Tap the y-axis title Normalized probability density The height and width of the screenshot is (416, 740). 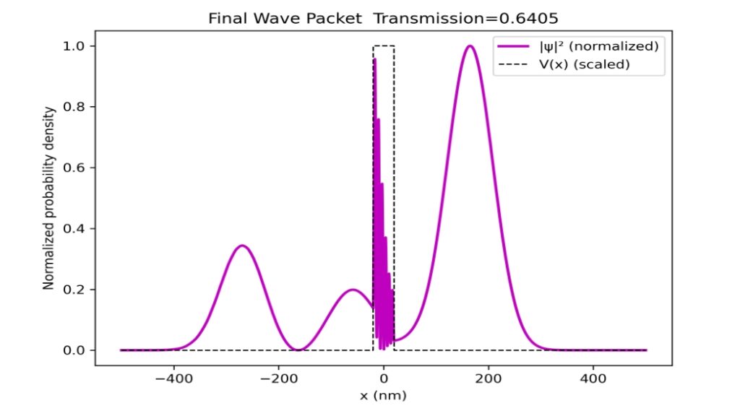pos(49,198)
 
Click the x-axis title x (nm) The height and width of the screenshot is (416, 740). pos(383,395)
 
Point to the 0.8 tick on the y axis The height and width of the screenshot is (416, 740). pos(76,107)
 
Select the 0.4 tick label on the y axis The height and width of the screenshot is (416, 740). pos(76,228)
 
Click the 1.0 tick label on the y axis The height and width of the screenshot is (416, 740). pos(76,46)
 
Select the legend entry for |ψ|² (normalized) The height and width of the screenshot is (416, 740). pos(577,46)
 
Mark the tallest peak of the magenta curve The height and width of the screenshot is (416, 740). pos(470,46)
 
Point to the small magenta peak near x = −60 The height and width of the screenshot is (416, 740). pos(352,290)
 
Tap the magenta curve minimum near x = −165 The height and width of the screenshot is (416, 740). pos(297,350)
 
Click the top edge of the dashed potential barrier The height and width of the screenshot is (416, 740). pos(383,46)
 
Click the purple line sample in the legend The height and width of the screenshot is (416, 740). pos(512,46)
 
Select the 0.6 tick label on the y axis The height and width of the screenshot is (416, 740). pos(76,168)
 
